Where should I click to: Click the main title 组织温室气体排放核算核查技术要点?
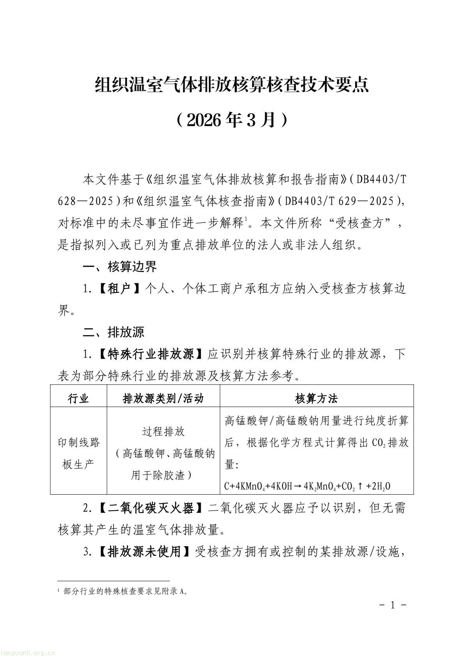(232, 85)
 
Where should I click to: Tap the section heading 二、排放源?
(113, 332)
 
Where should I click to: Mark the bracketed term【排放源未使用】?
(144, 552)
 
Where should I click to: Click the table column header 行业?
(78, 398)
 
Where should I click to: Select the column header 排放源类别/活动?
(163, 398)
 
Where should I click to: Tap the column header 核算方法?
(316, 398)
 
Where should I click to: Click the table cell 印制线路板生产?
(78, 453)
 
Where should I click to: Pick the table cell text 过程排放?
(163, 431)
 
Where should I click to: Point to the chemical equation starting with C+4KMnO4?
(307, 486)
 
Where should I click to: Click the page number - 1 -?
(393, 605)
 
